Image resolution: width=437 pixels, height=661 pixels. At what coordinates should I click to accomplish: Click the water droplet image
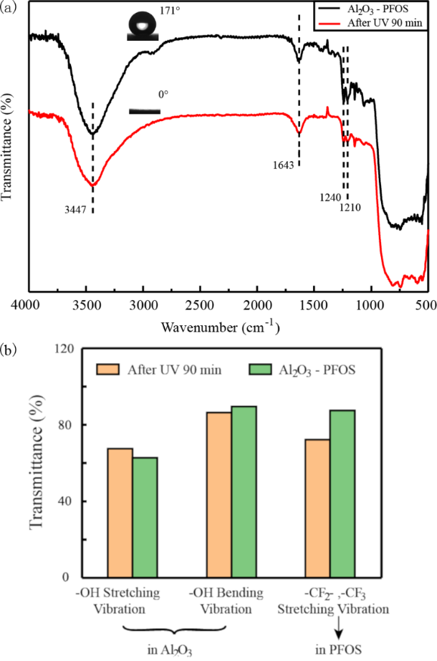click(143, 26)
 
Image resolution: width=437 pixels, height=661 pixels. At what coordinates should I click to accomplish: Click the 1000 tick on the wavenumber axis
click(370, 304)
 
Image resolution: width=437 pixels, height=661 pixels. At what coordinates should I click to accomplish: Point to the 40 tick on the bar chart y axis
click(67, 501)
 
